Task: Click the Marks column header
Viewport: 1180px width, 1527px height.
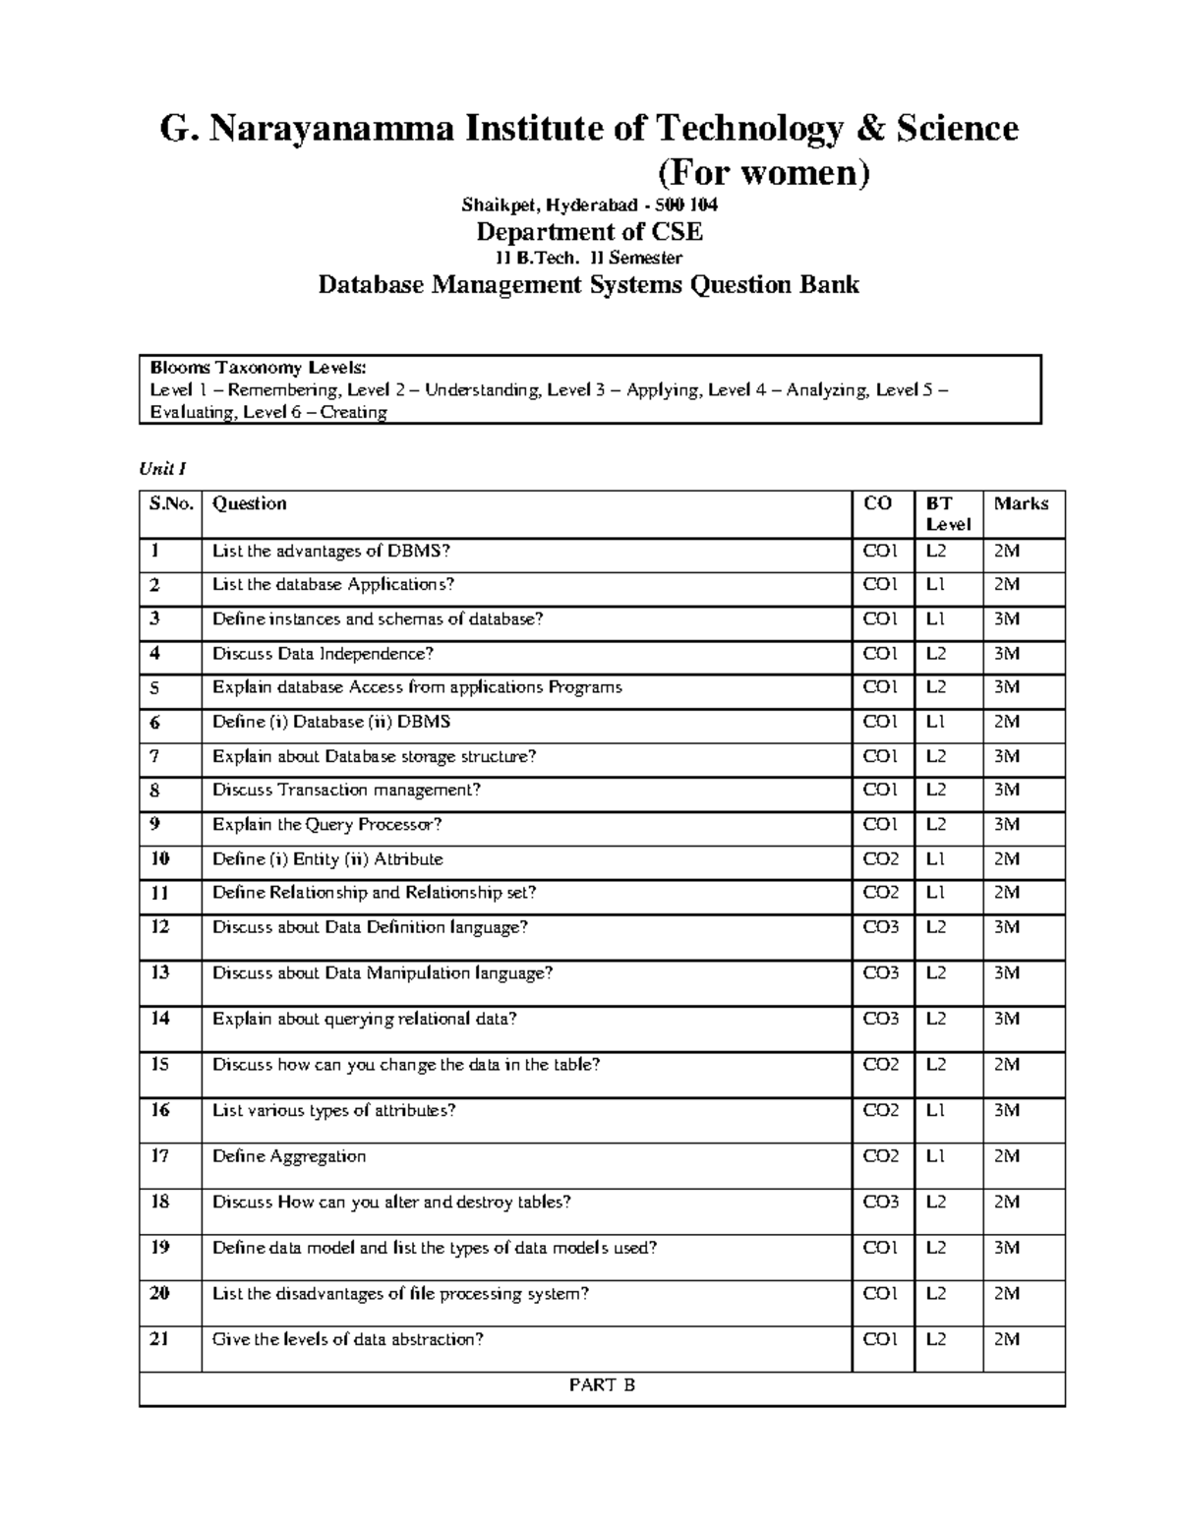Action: [x=1021, y=504]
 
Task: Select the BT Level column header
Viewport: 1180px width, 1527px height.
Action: [x=948, y=514]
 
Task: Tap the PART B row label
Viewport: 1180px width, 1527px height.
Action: [x=602, y=1385]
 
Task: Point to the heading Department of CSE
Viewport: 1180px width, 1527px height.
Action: [x=589, y=232]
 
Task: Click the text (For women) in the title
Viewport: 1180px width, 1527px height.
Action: [x=763, y=173]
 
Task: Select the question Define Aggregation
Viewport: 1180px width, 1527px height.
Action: [x=289, y=1156]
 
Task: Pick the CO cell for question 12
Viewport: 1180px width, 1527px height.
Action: [x=880, y=927]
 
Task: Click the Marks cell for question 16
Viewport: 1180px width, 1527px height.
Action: [x=1006, y=1110]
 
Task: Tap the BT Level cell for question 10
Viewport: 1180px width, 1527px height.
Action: [x=935, y=859]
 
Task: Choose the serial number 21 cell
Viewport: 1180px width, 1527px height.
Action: [x=159, y=1339]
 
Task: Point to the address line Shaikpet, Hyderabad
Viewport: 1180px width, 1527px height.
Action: [x=589, y=206]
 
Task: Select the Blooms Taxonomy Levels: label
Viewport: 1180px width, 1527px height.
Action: [x=258, y=368]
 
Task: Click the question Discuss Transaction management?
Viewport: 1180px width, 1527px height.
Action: [x=346, y=791]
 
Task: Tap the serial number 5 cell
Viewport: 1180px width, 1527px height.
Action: [x=154, y=688]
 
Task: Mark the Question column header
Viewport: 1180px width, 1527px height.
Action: [x=250, y=504]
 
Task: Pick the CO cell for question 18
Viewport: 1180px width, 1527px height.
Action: [x=880, y=1202]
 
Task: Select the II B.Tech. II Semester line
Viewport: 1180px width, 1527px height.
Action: [x=589, y=259]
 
